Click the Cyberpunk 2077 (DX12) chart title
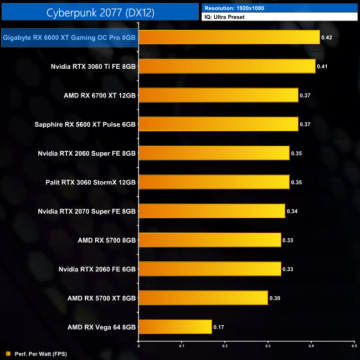tap(99, 12)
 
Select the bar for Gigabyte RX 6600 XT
tap(229, 37)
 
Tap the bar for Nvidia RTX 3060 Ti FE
tap(227, 66)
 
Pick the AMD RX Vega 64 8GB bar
tap(175, 327)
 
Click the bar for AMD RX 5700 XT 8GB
tap(203, 298)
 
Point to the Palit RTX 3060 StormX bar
tap(214, 182)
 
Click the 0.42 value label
tap(327, 38)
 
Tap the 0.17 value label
tap(219, 327)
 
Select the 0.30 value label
tap(275, 298)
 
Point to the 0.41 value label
tap(322, 66)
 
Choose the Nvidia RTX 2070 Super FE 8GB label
tap(86, 211)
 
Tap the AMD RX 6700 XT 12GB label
tap(100, 95)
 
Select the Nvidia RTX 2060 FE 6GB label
tap(97, 269)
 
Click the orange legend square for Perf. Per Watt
tap(8, 353)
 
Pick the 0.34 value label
tap(292, 211)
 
